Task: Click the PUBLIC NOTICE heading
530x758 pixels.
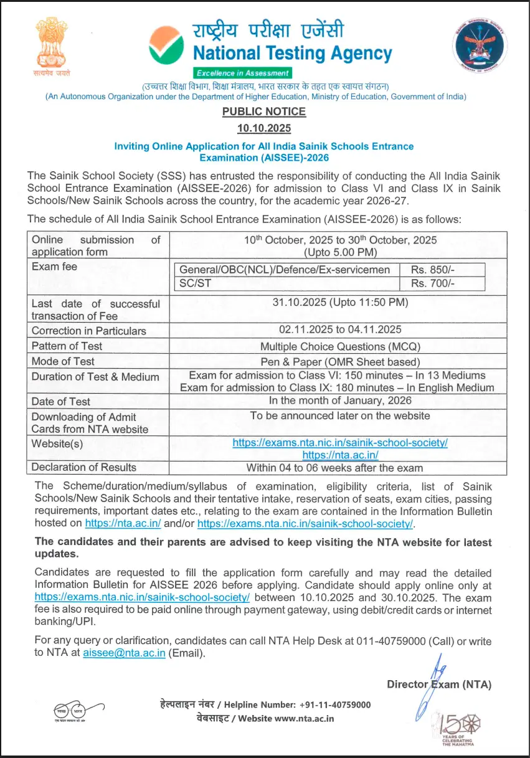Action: coord(264,111)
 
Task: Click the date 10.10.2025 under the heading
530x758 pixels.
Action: coord(264,129)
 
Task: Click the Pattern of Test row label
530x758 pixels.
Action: coord(67,346)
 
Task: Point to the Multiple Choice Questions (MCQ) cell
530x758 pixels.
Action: coord(340,346)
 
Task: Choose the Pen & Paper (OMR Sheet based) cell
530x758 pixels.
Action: coord(340,361)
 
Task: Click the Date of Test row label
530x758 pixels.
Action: coord(61,402)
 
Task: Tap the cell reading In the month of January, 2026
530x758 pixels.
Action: coord(340,400)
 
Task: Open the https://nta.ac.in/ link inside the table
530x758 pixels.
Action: coord(340,455)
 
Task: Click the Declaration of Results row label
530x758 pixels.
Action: coord(84,467)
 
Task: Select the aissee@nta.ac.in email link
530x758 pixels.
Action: coord(124,653)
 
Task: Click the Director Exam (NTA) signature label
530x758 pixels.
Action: coord(439,685)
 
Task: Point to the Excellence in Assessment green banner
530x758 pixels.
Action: coord(243,73)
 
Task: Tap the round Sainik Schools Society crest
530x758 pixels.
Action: coord(477,47)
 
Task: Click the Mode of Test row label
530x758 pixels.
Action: coord(64,361)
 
